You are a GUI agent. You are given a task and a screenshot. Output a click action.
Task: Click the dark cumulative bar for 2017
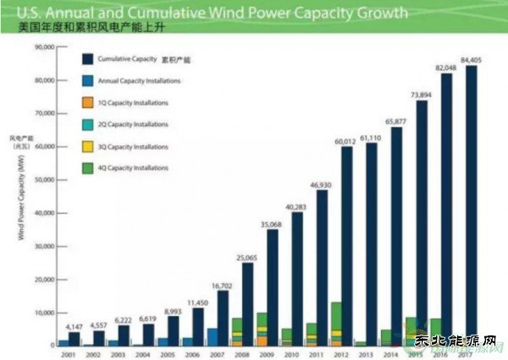click(472, 203)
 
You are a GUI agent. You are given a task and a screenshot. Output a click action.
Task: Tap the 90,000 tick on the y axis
click(43, 47)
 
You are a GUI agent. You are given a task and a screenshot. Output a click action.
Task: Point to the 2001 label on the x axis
click(69, 355)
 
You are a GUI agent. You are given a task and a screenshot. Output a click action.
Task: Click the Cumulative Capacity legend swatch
click(87, 58)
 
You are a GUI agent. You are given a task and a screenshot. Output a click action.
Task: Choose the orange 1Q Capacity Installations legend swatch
click(87, 102)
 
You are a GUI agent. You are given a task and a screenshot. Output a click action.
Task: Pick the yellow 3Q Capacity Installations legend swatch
click(87, 147)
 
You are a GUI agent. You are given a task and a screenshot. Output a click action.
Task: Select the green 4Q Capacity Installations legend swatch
click(87, 168)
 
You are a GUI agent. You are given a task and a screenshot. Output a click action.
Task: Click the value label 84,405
click(472, 58)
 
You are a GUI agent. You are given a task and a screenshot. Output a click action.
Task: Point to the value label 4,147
click(75, 326)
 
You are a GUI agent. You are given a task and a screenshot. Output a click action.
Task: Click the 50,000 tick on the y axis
click(43, 180)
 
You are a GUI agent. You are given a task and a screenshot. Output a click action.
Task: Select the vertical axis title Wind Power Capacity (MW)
click(19, 203)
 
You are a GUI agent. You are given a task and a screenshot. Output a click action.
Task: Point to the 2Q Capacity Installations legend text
click(134, 125)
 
